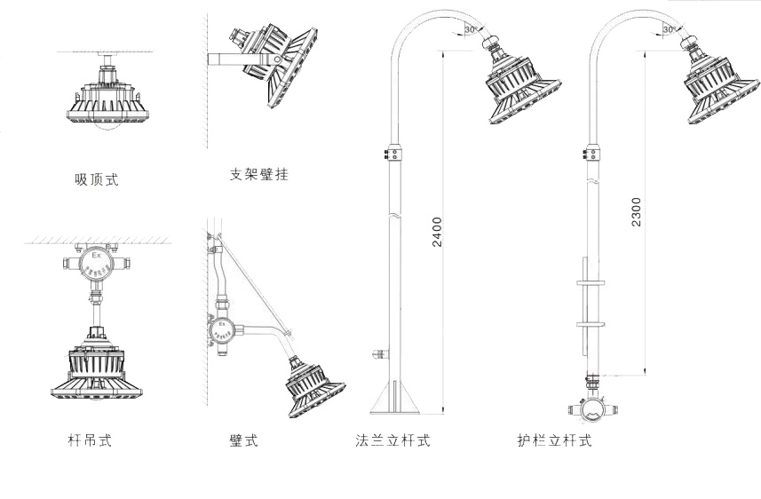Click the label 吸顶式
click(96, 180)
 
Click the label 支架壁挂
click(258, 175)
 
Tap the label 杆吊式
click(90, 440)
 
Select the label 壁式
click(243, 440)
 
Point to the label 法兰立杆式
click(392, 440)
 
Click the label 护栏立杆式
click(554, 440)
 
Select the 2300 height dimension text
click(637, 211)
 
